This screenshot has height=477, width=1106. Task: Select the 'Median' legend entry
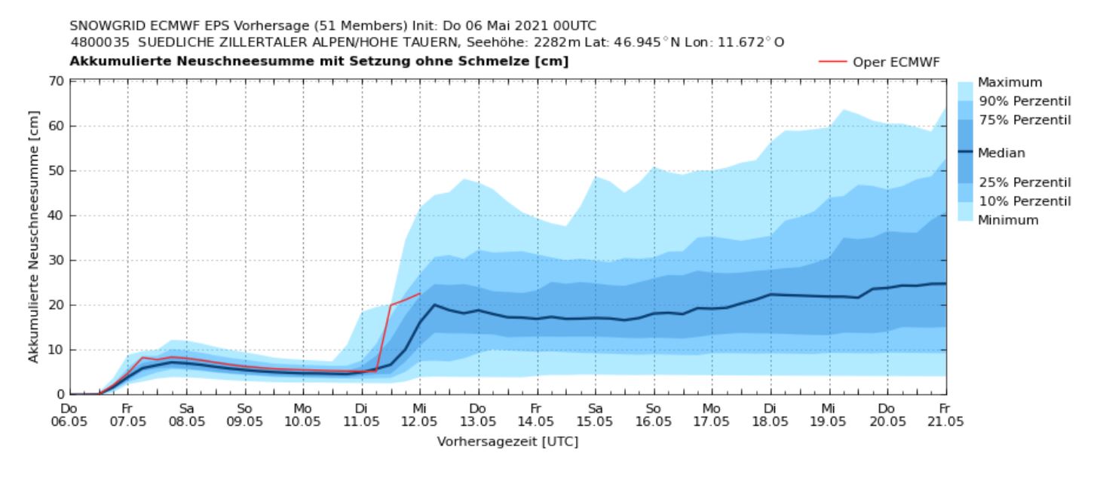pyautogui.click(x=1001, y=153)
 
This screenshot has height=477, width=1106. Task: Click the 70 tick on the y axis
pyautogui.click(x=57, y=81)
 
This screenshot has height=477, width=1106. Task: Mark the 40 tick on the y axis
pyautogui.click(x=57, y=216)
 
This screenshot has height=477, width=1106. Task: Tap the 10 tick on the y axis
pyautogui.click(x=57, y=350)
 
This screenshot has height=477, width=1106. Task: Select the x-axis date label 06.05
pyautogui.click(x=69, y=420)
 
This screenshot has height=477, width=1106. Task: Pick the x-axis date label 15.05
pyautogui.click(x=595, y=420)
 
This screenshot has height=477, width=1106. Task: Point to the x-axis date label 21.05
pyautogui.click(x=945, y=420)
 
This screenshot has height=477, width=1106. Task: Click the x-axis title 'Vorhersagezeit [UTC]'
pyautogui.click(x=507, y=442)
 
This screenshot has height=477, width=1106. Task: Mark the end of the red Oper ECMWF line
pyautogui.click(x=420, y=293)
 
